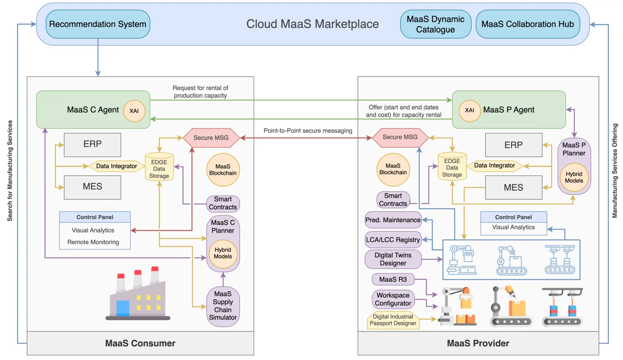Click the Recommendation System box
(x=98, y=24)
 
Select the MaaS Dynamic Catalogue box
(x=435, y=24)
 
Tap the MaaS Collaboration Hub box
(x=528, y=24)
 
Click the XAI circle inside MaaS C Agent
(x=135, y=111)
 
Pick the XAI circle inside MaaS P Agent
(x=470, y=111)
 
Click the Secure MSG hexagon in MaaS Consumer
(x=211, y=138)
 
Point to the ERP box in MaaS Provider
(x=514, y=145)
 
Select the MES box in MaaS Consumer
(x=93, y=187)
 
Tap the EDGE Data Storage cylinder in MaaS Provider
(x=452, y=167)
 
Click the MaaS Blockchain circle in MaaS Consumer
(x=223, y=170)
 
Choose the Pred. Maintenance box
(x=393, y=220)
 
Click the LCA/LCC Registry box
(x=393, y=239)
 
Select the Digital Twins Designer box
(x=393, y=259)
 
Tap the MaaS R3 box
(x=393, y=279)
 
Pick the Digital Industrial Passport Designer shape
(x=393, y=320)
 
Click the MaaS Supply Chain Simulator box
(x=223, y=306)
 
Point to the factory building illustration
(x=138, y=293)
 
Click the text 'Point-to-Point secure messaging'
(x=308, y=131)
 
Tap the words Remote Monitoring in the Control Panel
(x=93, y=242)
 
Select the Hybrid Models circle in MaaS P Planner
(x=574, y=177)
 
